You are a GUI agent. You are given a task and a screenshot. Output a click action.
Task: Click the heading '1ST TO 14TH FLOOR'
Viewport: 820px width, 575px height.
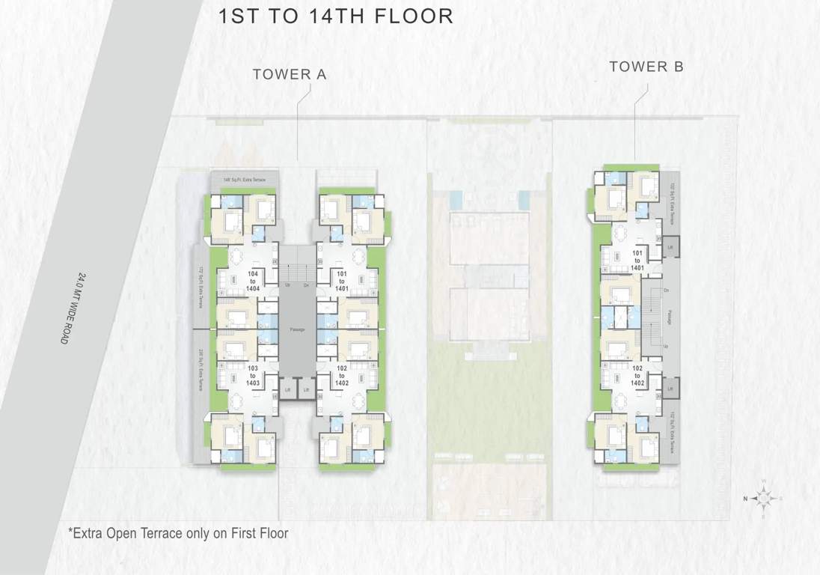pos(335,16)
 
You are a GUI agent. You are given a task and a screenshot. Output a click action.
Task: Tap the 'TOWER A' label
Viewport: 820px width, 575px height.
pos(290,74)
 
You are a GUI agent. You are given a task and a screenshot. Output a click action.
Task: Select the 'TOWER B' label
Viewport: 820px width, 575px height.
pos(646,67)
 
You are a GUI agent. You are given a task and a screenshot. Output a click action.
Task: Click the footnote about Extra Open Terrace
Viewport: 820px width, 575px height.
pos(177,533)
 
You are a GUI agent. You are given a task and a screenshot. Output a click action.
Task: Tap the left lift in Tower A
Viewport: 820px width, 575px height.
pos(288,391)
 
